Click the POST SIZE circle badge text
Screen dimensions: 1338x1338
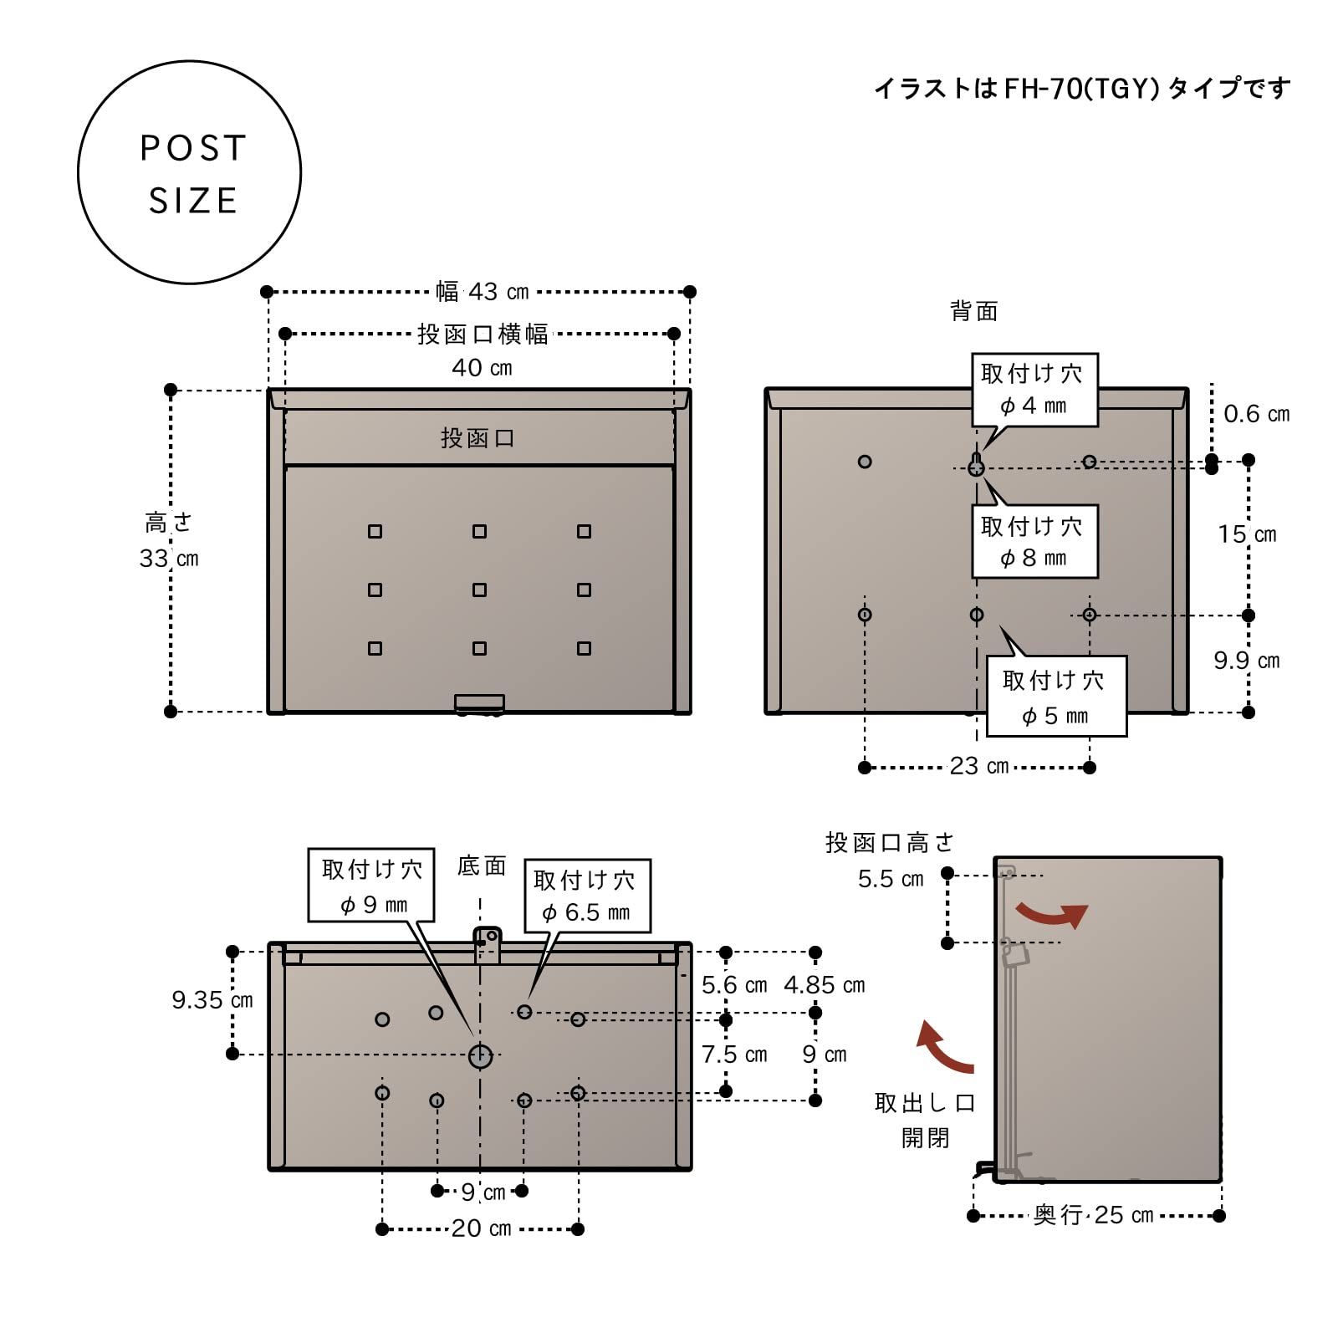pyautogui.click(x=192, y=174)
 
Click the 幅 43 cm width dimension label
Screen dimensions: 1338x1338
pyautogui.click(x=482, y=292)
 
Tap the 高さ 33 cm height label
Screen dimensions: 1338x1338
pyautogui.click(x=169, y=541)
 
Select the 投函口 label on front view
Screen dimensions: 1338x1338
pyautogui.click(x=477, y=437)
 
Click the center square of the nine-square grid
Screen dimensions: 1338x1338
pyautogui.click(x=479, y=590)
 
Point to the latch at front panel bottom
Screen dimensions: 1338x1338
pyautogui.click(x=479, y=703)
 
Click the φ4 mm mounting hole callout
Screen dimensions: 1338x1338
pyautogui.click(x=1034, y=390)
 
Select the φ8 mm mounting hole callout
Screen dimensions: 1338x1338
pyautogui.click(x=1034, y=541)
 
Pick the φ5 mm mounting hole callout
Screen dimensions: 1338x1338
pyautogui.click(x=1055, y=697)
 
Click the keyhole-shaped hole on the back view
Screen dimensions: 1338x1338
pyautogui.click(x=976, y=465)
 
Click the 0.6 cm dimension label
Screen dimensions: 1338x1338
pyautogui.click(x=1256, y=414)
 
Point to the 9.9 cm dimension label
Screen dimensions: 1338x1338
pyautogui.click(x=1246, y=661)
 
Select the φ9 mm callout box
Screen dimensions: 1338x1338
pyautogui.click(x=371, y=886)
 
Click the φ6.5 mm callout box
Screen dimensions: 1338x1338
pyautogui.click(x=586, y=896)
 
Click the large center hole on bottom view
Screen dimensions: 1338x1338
pyautogui.click(x=480, y=1055)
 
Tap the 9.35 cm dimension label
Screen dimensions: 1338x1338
pyautogui.click(x=212, y=1000)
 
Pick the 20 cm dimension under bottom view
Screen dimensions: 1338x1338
pyautogui.click(x=481, y=1228)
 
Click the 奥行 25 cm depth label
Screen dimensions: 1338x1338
pyautogui.click(x=1094, y=1215)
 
